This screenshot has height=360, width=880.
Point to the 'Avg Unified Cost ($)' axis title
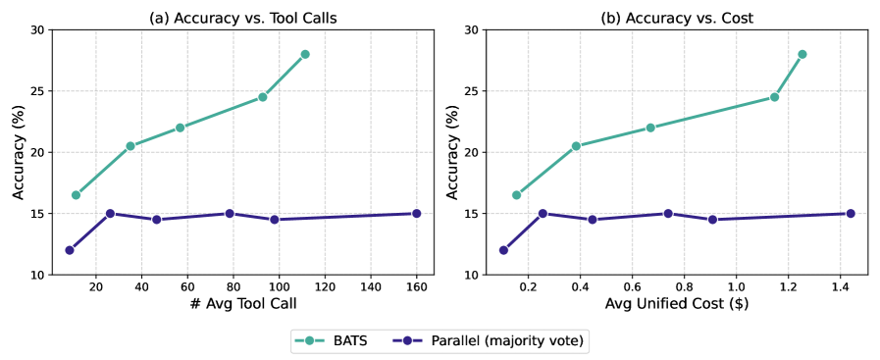point(674,305)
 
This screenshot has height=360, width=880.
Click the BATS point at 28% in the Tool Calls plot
point(305,54)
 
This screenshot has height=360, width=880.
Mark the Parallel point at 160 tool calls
point(416,213)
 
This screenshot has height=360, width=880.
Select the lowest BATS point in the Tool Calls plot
point(76,195)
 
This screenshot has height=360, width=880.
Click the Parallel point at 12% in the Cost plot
point(503,250)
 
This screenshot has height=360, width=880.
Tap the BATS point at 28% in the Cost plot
point(802,54)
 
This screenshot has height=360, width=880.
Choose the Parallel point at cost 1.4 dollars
point(851,213)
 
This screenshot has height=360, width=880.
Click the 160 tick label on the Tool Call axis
point(416,287)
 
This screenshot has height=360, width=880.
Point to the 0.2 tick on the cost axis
point(528,287)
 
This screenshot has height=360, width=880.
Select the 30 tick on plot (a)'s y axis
point(35,29)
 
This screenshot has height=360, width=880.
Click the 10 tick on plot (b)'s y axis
point(471,275)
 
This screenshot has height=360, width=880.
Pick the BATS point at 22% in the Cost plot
point(650,128)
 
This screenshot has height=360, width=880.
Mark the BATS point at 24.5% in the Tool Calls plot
point(263,97)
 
